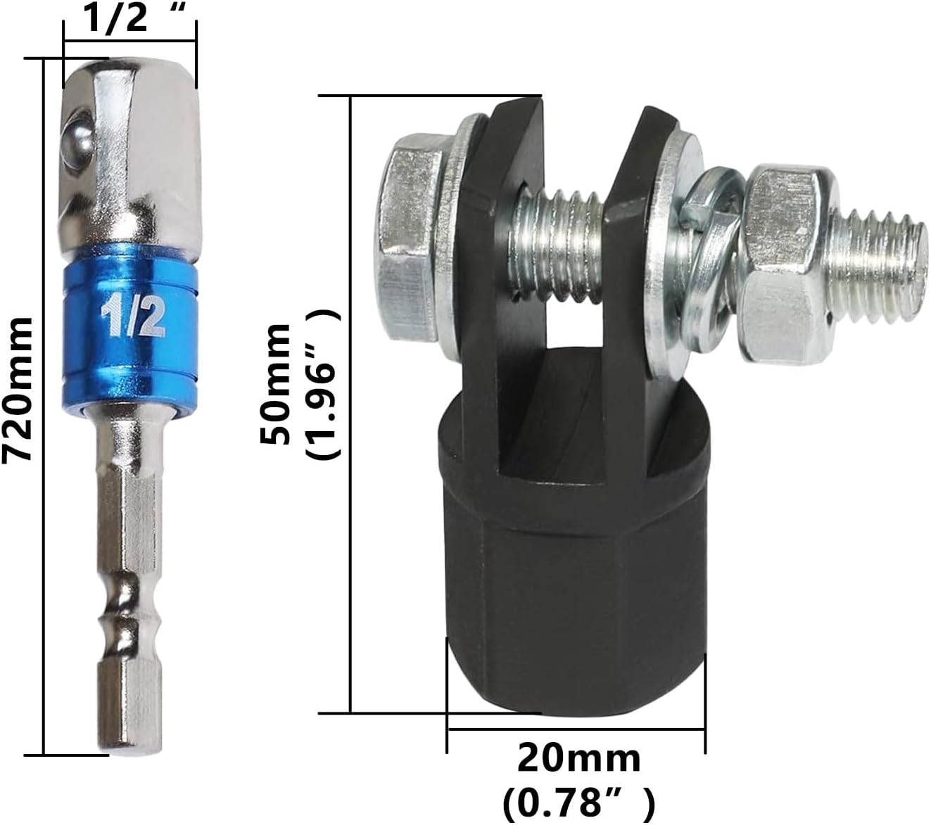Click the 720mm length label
coord(18,390)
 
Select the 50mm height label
coord(276,385)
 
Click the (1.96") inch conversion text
coord(323,385)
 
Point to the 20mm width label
coord(578,760)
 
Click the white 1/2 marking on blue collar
coord(133,318)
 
